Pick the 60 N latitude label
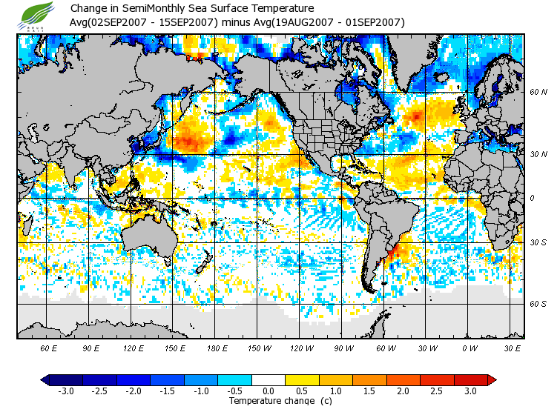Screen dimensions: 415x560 [538, 93]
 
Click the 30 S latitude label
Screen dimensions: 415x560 [538, 243]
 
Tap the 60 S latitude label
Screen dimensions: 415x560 [538, 304]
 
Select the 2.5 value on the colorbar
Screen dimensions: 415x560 [437, 391]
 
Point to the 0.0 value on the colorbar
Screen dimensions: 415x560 [269, 391]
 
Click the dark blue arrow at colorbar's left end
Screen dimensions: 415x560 [45, 380]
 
